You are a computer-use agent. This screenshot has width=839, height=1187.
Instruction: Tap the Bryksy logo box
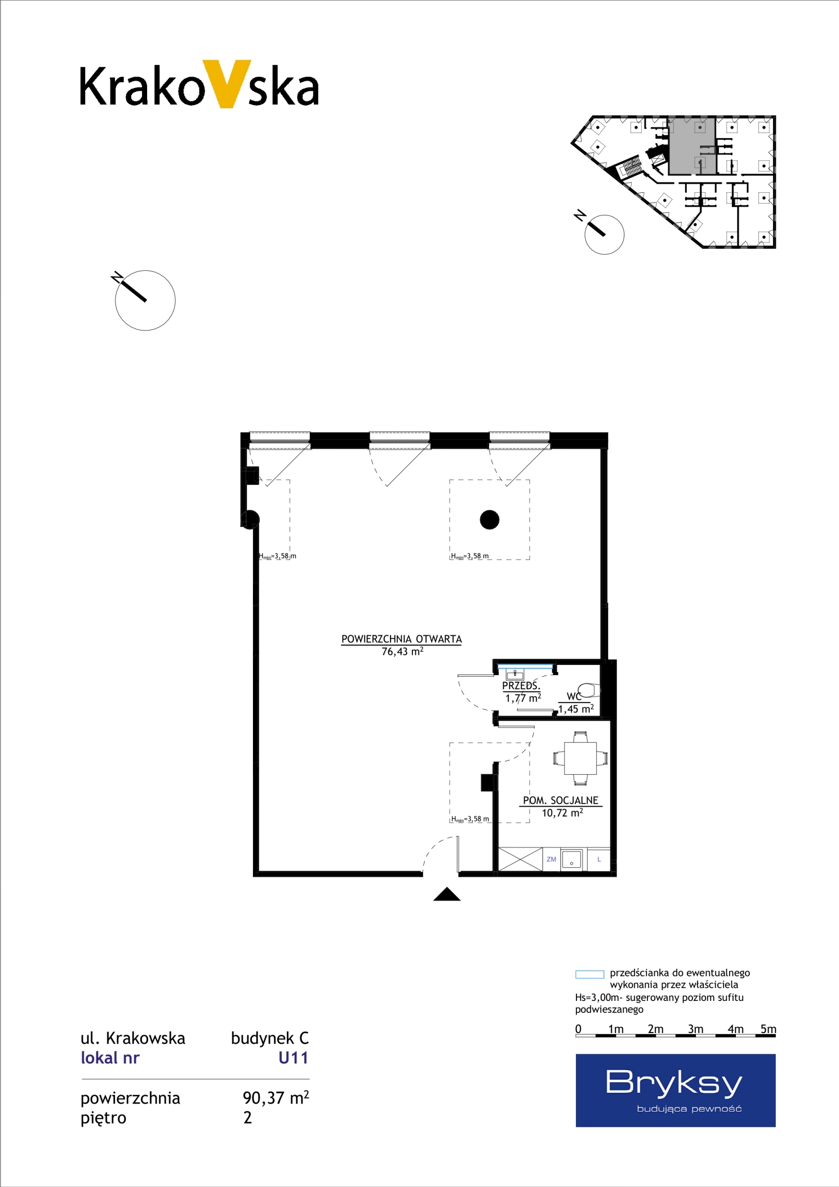tap(675, 1090)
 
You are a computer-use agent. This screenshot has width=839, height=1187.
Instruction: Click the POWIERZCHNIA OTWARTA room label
tap(401, 639)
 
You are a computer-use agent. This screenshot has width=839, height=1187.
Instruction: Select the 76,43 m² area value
tap(402, 651)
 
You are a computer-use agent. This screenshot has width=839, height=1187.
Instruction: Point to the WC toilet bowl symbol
tap(589, 690)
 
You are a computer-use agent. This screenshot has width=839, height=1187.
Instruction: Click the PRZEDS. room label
tap(521, 686)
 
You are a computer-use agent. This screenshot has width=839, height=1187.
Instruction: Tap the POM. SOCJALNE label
tap(561, 800)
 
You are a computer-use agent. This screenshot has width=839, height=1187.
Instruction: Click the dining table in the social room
tap(580, 758)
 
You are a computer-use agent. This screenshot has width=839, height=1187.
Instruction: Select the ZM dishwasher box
tap(551, 859)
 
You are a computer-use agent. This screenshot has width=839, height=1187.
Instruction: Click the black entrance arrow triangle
tap(447, 894)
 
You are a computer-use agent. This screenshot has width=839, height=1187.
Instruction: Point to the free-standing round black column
tap(490, 519)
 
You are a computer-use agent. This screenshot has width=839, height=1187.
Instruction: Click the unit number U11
tap(294, 1057)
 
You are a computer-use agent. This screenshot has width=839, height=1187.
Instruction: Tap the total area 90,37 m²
tap(276, 1097)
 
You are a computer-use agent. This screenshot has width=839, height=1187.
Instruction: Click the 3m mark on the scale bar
tap(695, 1029)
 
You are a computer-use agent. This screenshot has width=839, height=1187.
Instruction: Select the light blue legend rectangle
tap(589, 974)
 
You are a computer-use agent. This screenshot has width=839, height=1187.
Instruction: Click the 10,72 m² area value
tap(562, 813)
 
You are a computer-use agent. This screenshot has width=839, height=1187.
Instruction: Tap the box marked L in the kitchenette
tap(599, 859)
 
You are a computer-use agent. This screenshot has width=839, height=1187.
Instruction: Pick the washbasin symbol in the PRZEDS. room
tap(515, 674)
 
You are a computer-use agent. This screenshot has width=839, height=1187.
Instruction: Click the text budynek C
tap(270, 1038)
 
